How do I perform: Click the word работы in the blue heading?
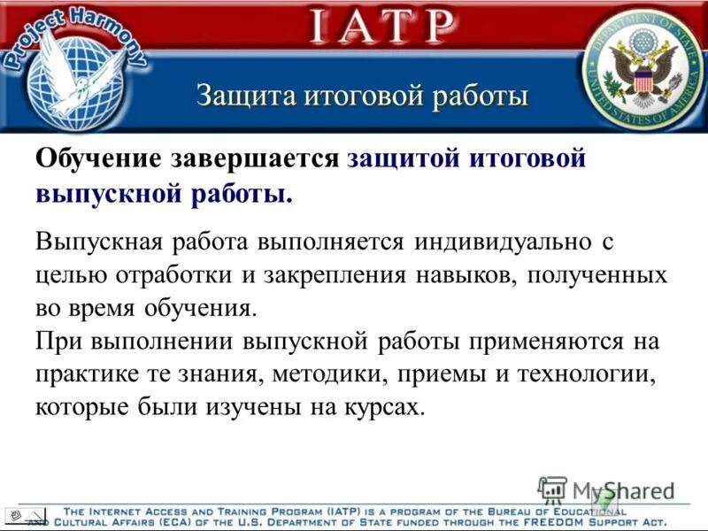[481, 96]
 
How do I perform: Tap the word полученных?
[597, 274]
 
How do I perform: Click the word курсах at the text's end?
[378, 408]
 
